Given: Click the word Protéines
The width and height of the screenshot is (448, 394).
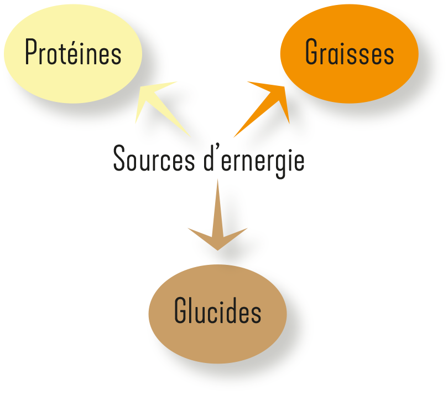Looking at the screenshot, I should click(x=73, y=54).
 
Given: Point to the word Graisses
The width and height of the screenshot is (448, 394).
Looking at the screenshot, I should click(x=349, y=54).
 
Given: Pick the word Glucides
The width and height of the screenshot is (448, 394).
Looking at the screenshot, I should click(x=217, y=311).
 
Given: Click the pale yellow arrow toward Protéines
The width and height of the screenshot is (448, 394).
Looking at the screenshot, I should click(x=163, y=109).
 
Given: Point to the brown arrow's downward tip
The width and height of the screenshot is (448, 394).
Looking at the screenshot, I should click(x=217, y=248).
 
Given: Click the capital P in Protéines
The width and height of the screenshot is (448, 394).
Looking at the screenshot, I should click(x=31, y=54).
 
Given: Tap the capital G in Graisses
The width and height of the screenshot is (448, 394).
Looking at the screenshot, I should click(x=311, y=54).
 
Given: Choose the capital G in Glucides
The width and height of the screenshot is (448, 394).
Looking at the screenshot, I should click(x=181, y=311).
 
